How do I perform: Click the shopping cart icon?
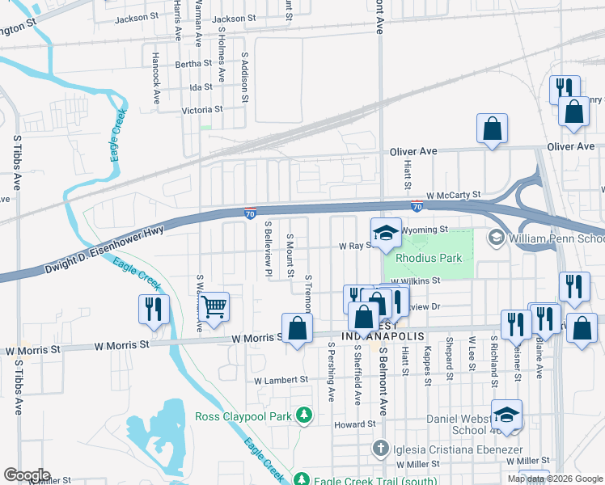tap(214, 307)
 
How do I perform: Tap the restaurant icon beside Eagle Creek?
tap(152, 309)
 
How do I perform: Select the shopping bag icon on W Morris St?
tap(297, 328)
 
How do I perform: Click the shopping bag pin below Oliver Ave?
tap(492, 128)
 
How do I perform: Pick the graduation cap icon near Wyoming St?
tap(387, 233)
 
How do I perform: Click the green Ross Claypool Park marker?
tap(303, 415)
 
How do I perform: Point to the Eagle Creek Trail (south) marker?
tap(302, 478)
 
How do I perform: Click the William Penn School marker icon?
tap(496, 238)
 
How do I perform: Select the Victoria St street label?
tap(201, 109)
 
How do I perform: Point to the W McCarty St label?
tap(454, 195)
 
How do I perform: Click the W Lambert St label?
tap(281, 379)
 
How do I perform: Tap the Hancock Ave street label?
tap(156, 78)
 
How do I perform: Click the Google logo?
tap(27, 475)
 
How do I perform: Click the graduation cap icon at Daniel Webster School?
tap(507, 414)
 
